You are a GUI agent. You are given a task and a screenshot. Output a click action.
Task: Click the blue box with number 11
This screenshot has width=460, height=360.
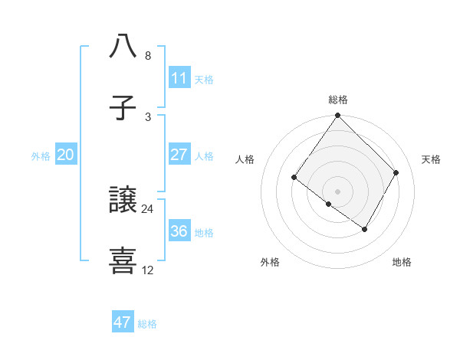click(x=179, y=78)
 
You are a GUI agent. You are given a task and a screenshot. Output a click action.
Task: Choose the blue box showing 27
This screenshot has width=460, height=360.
click(x=179, y=155)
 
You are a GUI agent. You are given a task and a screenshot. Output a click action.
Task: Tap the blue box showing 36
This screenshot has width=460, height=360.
click(x=179, y=231)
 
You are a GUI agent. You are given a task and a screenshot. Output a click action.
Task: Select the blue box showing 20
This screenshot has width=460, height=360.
click(x=65, y=155)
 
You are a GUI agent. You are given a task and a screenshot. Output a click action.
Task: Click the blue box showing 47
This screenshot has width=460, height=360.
click(x=122, y=322)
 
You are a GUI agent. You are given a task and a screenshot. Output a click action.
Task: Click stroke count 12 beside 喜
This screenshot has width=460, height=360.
click(x=148, y=270)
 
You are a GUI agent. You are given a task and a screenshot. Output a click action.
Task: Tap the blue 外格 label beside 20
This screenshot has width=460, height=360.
click(x=41, y=156)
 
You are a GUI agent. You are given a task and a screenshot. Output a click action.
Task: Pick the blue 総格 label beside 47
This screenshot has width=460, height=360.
click(x=147, y=324)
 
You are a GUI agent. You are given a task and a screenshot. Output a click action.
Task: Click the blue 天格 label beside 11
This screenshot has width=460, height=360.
click(x=204, y=80)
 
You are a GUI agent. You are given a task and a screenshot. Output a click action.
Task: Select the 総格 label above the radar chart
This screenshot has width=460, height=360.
click(x=338, y=100)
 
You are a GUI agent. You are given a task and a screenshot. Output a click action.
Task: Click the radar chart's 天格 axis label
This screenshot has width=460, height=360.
click(x=432, y=159)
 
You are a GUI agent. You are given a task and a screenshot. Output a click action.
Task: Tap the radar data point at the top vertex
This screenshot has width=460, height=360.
click(x=338, y=116)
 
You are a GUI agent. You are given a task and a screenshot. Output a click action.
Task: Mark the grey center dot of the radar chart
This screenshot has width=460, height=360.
click(x=338, y=191)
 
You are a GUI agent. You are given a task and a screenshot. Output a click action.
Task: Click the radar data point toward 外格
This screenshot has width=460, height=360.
click(x=328, y=205)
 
